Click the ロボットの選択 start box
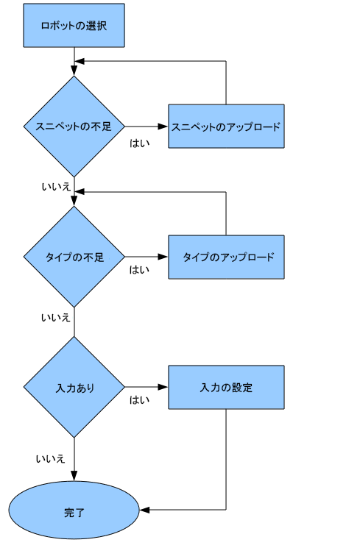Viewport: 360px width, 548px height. click(74, 25)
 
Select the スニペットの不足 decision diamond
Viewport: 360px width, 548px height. click(74, 127)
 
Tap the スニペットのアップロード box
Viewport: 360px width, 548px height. click(226, 127)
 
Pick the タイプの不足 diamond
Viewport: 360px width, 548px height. click(74, 257)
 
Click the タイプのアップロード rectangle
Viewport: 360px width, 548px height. click(226, 257)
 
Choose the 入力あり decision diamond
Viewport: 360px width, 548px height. click(74, 387)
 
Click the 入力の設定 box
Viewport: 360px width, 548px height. click(226, 387)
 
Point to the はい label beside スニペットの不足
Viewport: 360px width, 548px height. click(139, 143)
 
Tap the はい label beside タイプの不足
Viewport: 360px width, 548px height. click(139, 270)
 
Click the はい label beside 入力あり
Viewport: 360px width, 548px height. click(139, 400)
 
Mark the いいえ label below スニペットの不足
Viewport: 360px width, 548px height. click(56, 187)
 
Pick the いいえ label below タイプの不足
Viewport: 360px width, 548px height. click(56, 317)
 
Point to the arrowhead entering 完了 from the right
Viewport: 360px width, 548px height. click(144, 510)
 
